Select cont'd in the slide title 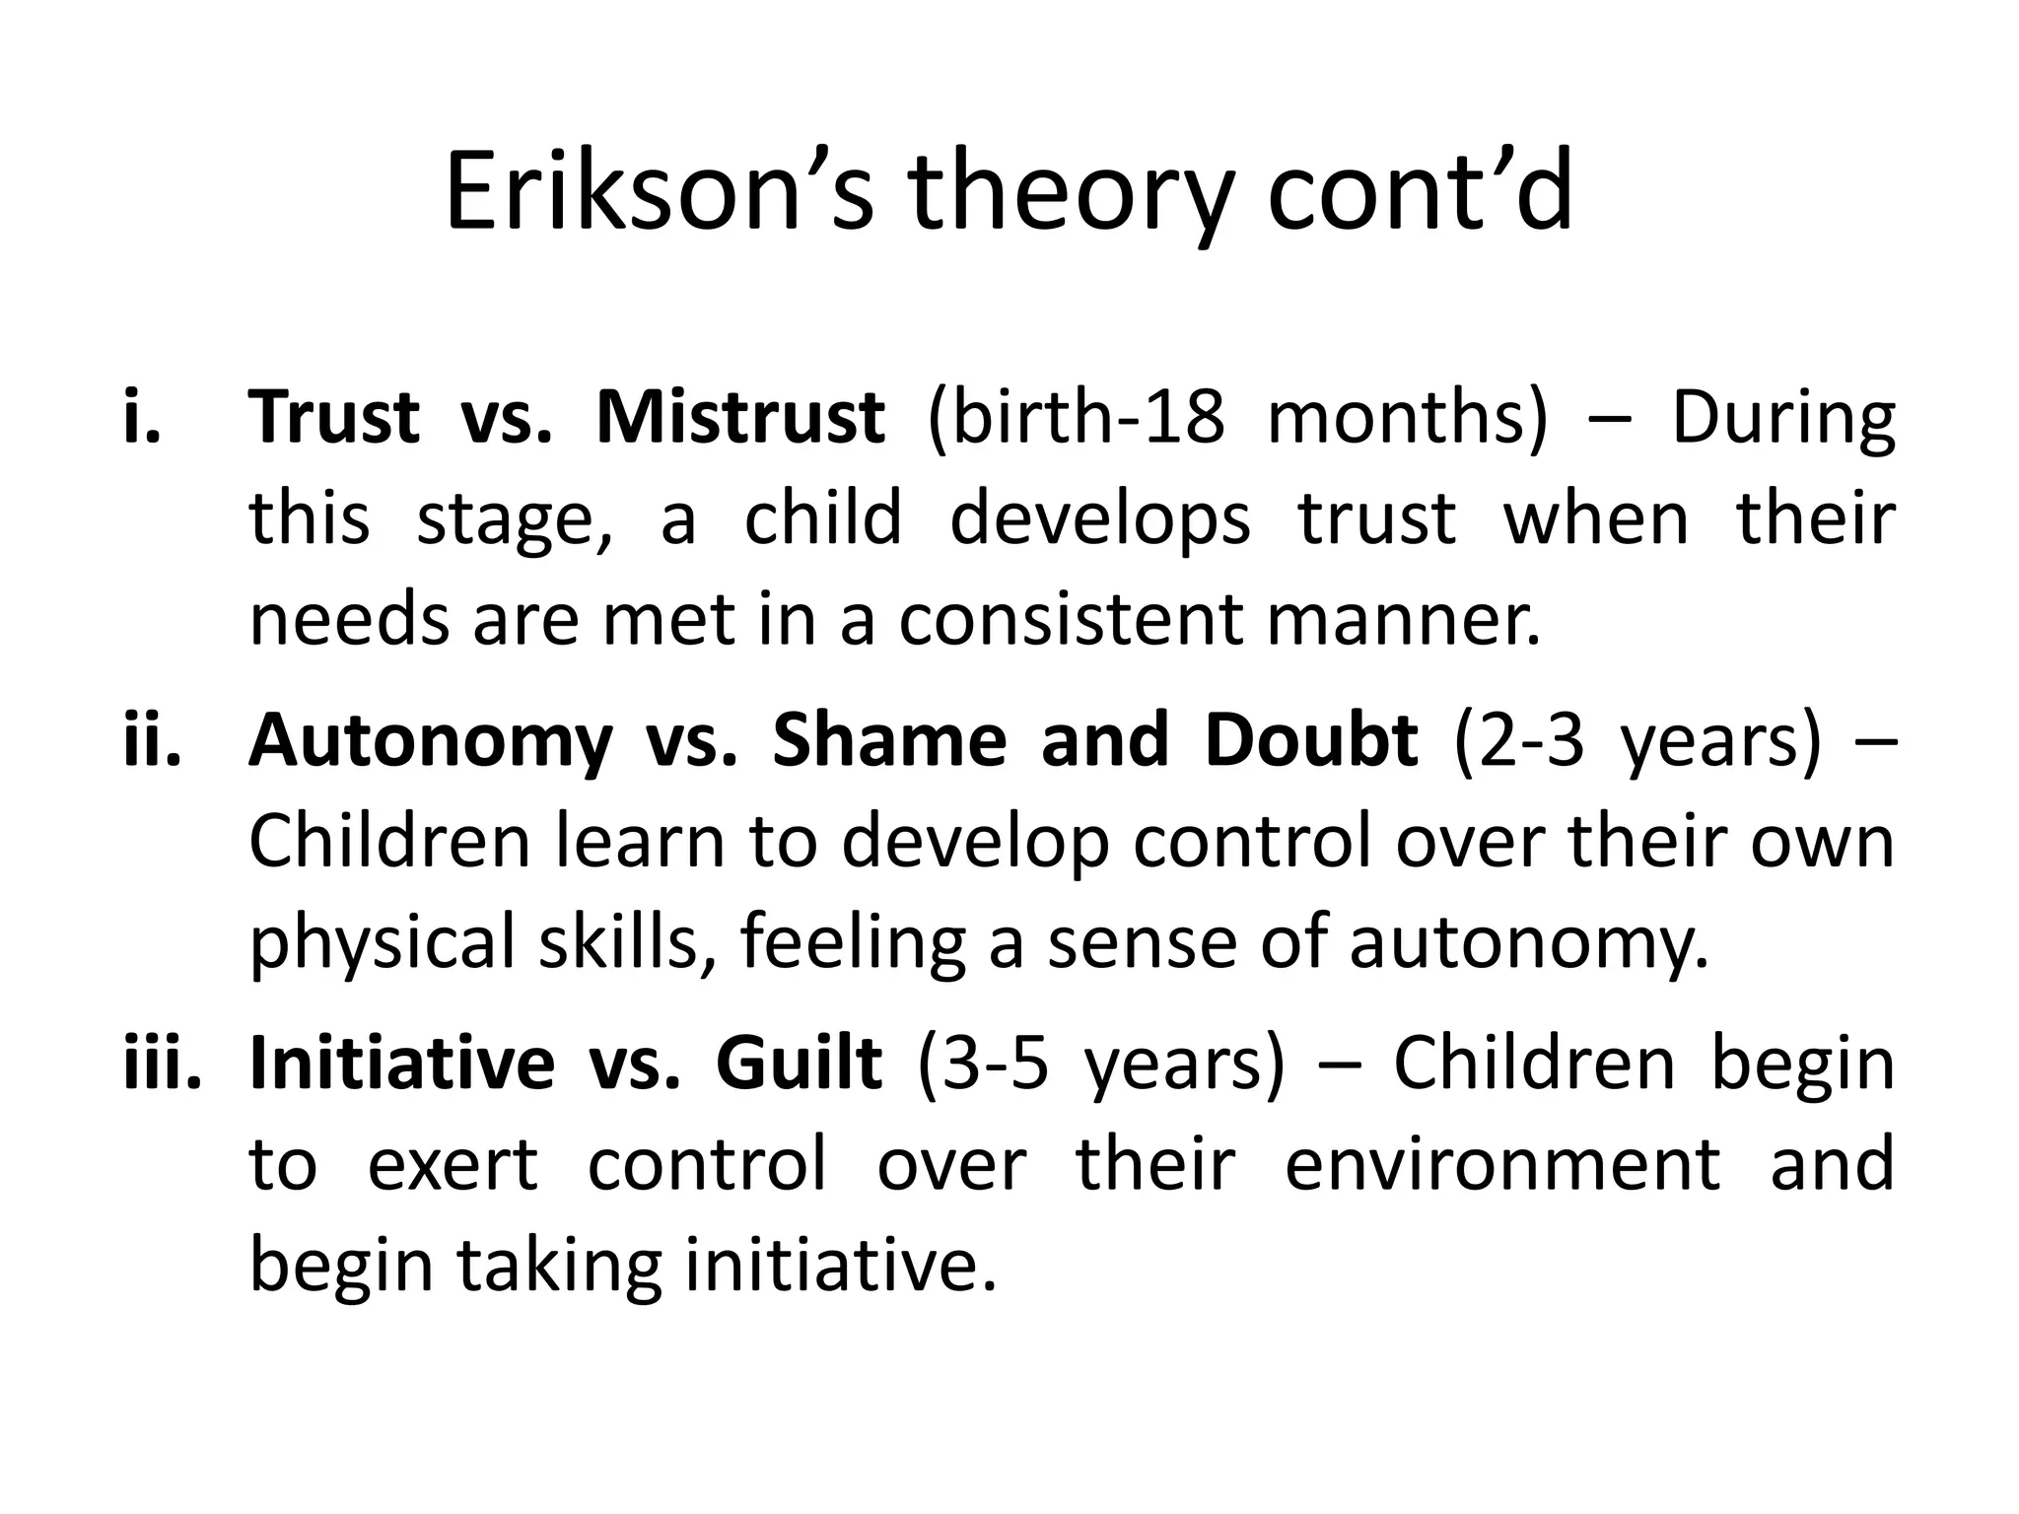click(x=1420, y=193)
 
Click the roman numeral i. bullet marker click(x=143, y=417)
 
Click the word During click(x=1782, y=417)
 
